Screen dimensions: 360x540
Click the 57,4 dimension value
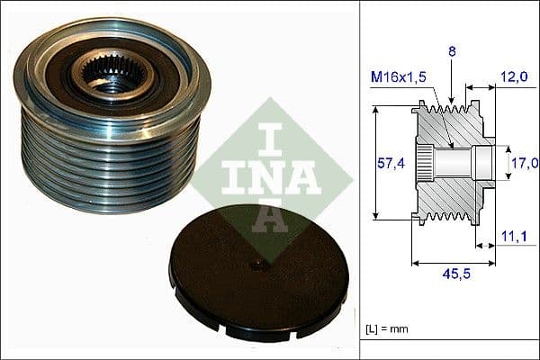click(x=386, y=163)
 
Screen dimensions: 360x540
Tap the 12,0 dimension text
click(x=516, y=78)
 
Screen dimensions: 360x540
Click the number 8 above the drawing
click(x=453, y=53)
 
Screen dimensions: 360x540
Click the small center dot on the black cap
click(x=259, y=263)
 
